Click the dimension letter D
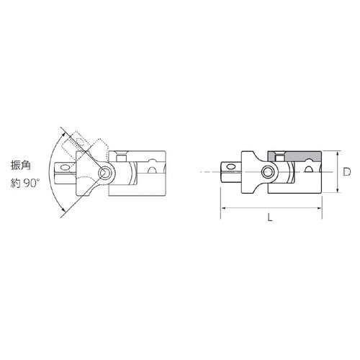(x=347, y=172)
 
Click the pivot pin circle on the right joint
(x=268, y=172)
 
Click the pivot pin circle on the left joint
(x=106, y=173)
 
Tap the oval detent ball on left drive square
(x=66, y=171)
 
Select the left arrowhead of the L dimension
(x=223, y=207)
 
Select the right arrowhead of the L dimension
(x=318, y=207)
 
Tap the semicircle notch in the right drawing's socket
(x=309, y=169)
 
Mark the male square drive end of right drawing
(x=230, y=172)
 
